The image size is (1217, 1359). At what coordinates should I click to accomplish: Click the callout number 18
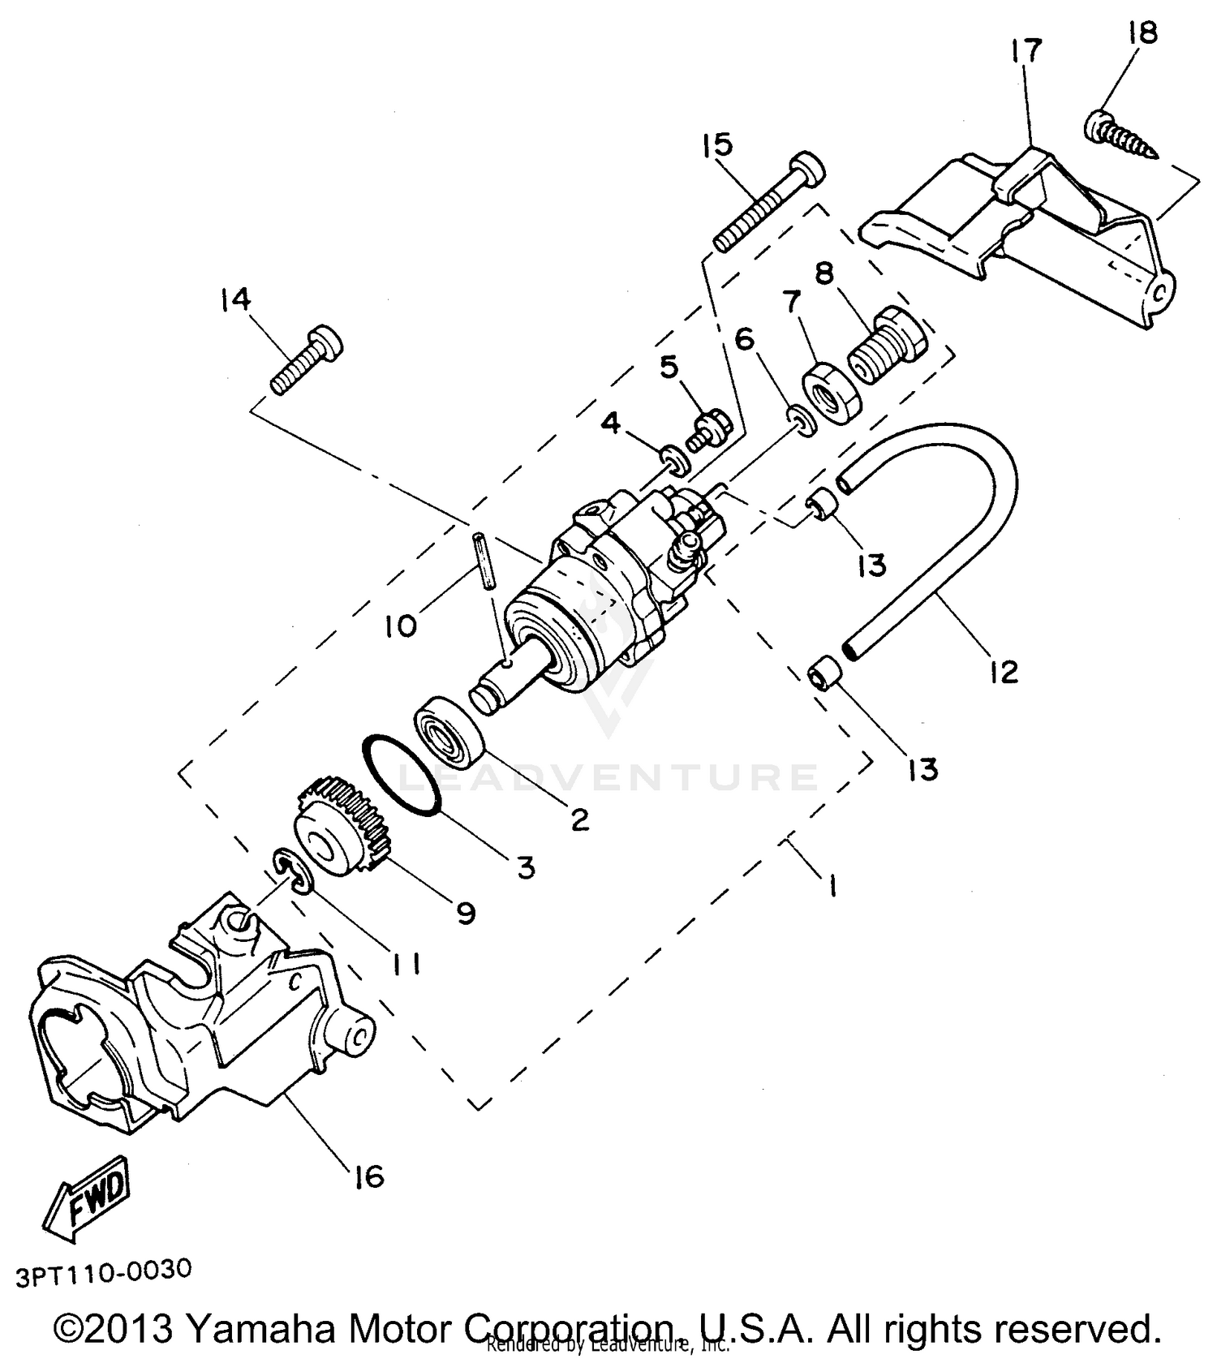pyautogui.click(x=1142, y=33)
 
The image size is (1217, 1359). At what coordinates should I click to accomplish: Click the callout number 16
pyautogui.click(x=368, y=1176)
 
